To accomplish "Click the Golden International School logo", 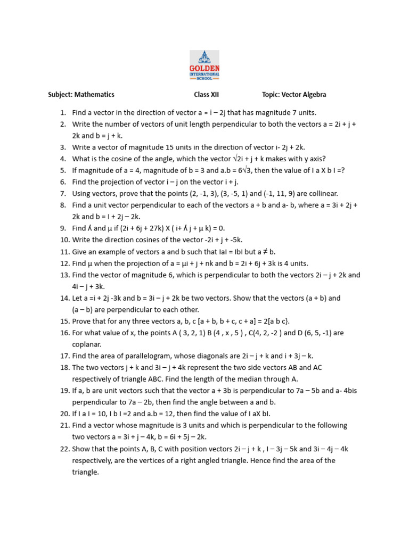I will coord(204,65).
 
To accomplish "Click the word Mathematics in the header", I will coord(94,95).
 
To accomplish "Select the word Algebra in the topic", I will coord(313,95).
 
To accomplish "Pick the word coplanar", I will coord(87,344).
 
